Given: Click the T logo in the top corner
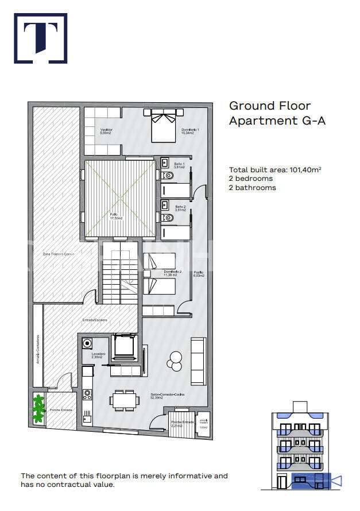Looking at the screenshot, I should [40, 38].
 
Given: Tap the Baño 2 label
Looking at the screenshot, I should [180, 207].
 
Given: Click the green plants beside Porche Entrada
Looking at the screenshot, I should [38, 409].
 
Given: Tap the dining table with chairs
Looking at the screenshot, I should [125, 400].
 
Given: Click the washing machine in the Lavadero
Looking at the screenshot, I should [87, 343].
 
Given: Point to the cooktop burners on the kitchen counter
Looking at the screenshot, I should [87, 395].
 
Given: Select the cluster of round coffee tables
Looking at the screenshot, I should [174, 360].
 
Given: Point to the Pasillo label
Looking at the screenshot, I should [199, 273].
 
